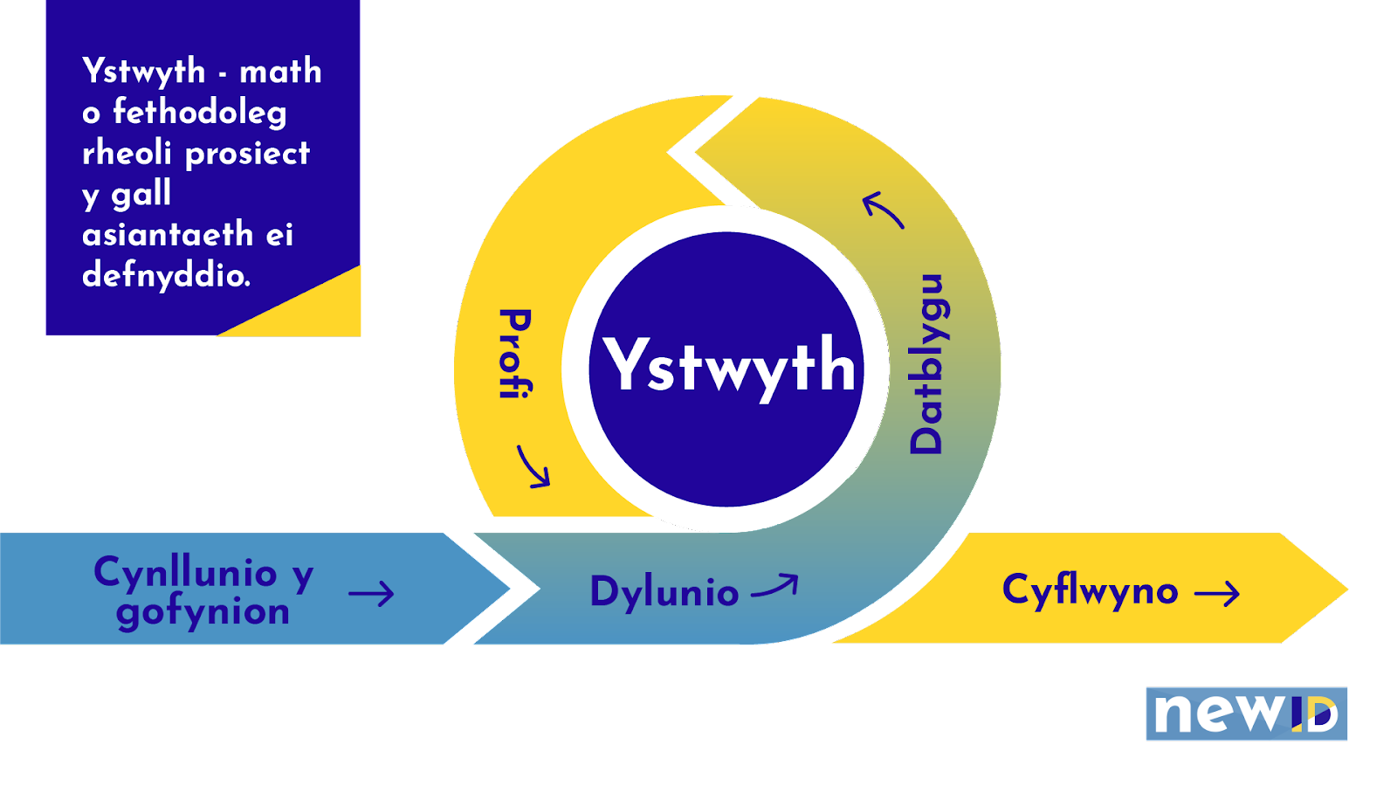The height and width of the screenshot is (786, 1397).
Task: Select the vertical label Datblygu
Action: [927, 364]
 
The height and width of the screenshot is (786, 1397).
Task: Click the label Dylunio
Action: [664, 592]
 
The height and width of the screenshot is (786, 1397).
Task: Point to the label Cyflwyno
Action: [1090, 590]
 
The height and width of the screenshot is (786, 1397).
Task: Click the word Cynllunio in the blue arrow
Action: [185, 573]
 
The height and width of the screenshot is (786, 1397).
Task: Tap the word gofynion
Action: [203, 612]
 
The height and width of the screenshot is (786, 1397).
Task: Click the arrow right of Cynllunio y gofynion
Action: [371, 595]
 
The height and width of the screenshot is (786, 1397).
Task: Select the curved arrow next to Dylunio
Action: [774, 587]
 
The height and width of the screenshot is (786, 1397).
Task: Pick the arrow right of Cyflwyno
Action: [1217, 594]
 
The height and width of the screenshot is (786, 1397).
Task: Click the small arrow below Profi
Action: [533, 466]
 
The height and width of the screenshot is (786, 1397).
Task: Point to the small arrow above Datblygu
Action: [883, 210]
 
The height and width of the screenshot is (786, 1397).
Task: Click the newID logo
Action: [1246, 714]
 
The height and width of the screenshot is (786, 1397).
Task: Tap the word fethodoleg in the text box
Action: [199, 112]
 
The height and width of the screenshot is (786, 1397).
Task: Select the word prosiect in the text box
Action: [247, 154]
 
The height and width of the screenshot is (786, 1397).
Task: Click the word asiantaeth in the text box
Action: [168, 234]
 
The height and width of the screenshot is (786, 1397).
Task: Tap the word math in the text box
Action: [280, 72]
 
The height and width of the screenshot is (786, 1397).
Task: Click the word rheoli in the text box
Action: [127, 153]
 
